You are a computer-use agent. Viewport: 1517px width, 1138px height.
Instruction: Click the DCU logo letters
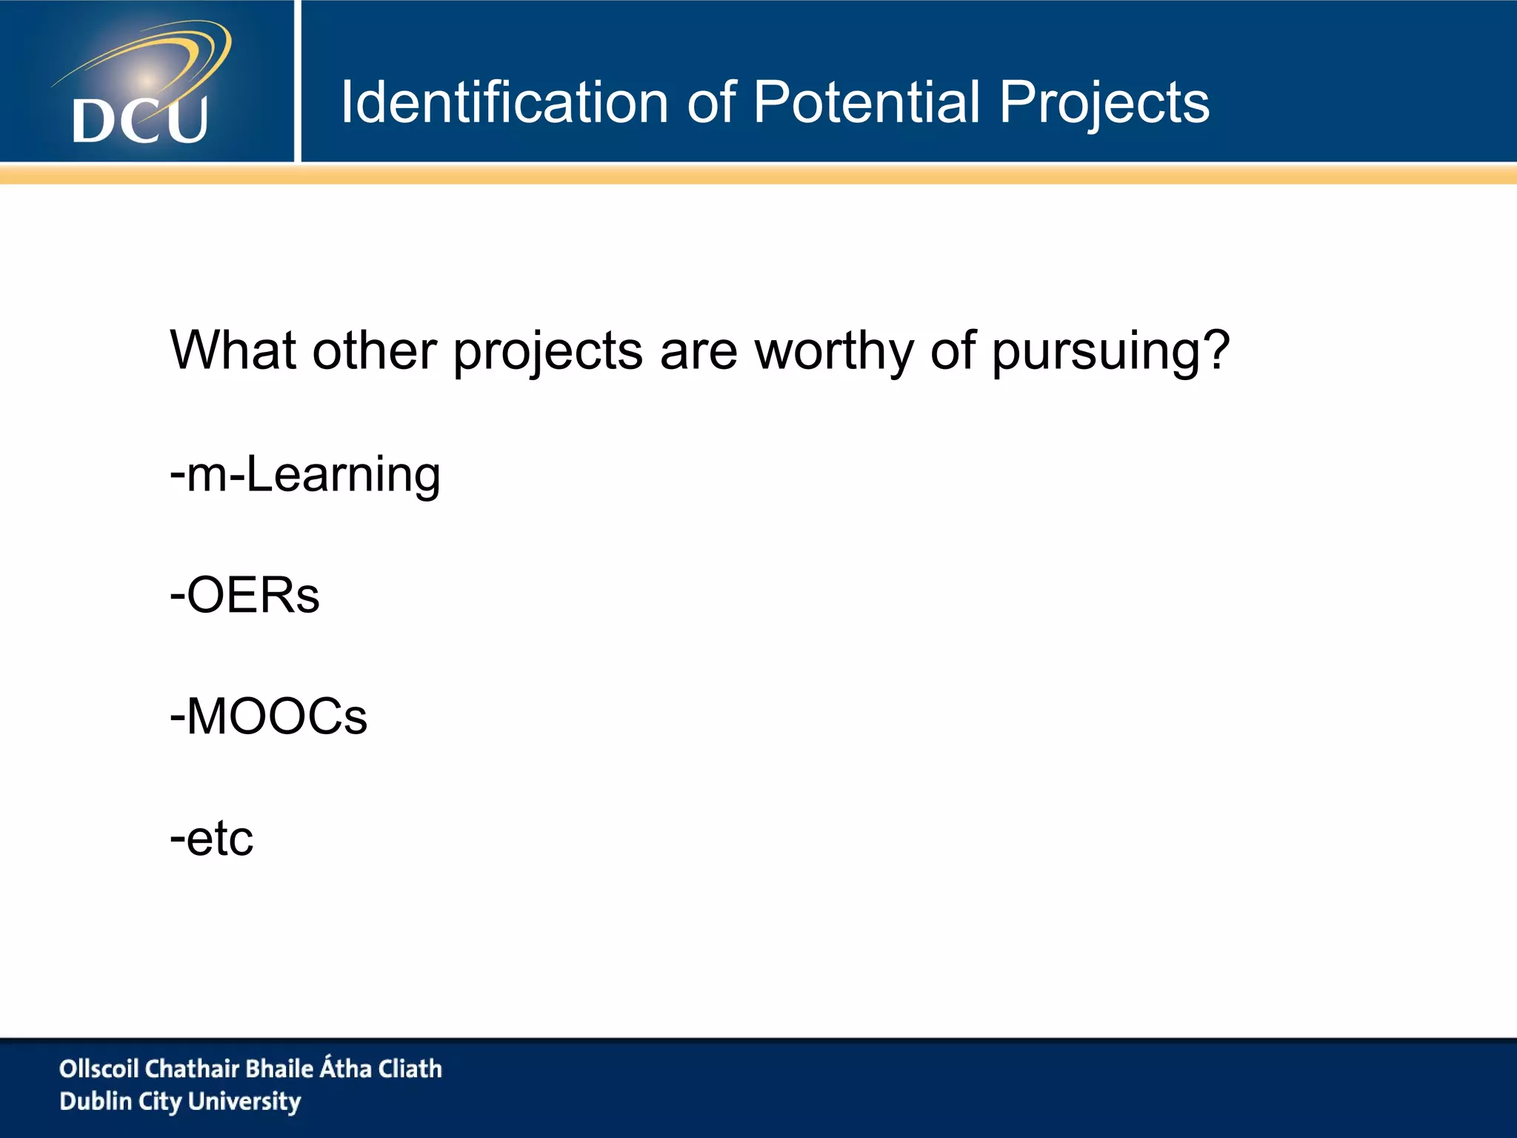point(140,120)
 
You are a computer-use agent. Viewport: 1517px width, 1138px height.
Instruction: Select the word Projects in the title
point(1104,104)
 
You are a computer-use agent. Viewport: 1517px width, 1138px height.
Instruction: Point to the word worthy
point(834,351)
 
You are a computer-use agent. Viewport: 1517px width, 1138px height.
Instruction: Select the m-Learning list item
point(305,474)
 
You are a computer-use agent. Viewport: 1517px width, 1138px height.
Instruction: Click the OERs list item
point(245,595)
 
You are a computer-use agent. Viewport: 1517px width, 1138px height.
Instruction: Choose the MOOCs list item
point(268,716)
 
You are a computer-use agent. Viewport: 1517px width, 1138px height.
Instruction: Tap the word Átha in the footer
point(345,1068)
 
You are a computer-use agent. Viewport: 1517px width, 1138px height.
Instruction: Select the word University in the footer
point(244,1102)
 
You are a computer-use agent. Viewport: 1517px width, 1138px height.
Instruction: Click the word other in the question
point(374,350)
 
